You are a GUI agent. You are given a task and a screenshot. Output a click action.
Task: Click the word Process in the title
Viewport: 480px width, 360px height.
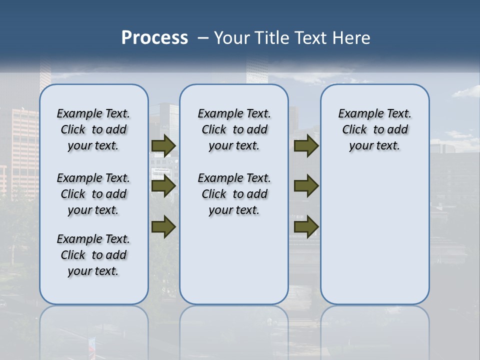[154, 38]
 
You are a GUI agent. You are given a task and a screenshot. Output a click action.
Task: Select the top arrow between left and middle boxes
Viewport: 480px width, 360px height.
[163, 145]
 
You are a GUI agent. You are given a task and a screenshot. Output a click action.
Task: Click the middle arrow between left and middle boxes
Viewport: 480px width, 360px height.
[163, 186]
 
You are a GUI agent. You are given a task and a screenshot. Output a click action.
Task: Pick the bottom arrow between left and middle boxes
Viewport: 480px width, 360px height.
[163, 226]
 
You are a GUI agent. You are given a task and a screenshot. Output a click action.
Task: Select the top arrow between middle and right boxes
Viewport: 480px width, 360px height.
[306, 145]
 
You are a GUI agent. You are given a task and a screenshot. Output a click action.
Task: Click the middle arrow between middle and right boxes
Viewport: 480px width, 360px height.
[306, 186]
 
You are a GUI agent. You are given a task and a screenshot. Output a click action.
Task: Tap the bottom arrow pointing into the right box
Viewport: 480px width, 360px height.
[306, 226]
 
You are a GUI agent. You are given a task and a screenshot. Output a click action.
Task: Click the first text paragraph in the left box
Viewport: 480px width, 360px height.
[93, 129]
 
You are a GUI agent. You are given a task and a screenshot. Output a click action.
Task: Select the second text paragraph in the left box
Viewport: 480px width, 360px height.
[93, 194]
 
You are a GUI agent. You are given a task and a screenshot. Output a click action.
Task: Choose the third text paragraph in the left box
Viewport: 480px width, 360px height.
[93, 255]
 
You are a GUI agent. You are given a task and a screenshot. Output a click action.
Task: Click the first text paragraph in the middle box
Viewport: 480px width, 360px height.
[234, 129]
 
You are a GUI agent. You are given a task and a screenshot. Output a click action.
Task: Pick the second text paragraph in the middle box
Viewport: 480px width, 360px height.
[234, 194]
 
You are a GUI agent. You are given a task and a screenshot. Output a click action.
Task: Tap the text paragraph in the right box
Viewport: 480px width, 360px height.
[374, 129]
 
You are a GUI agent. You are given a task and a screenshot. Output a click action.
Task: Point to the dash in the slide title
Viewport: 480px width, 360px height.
[203, 38]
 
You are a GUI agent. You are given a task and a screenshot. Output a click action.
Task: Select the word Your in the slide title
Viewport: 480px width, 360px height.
[232, 38]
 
